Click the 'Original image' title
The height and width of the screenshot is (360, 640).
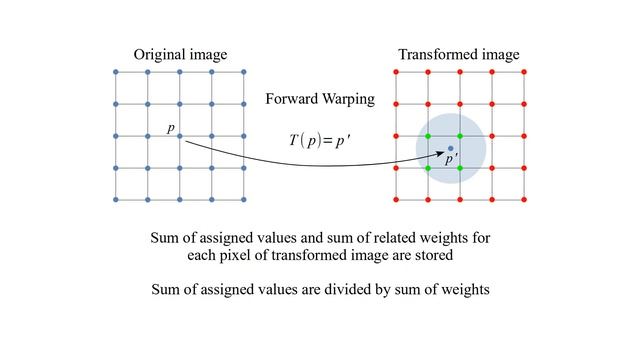coord(180,53)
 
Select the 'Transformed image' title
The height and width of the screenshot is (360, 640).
coord(458,53)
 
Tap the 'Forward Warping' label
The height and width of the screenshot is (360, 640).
coord(320,99)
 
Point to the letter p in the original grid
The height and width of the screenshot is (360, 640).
coord(170,129)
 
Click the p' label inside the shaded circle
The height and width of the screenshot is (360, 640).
coord(451,159)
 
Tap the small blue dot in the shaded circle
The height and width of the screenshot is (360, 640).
coord(450,148)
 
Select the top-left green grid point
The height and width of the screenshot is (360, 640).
coord(428,136)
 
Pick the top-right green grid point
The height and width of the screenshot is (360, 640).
coord(460,136)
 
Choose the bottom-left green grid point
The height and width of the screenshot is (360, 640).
coord(428,168)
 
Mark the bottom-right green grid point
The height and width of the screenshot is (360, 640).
coord(460,168)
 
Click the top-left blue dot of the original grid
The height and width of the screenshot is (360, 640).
coord(116,72)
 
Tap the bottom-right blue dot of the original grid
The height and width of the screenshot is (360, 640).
coord(244,200)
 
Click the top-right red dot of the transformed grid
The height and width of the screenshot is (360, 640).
coord(524,72)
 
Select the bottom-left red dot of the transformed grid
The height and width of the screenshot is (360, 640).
coord(396,200)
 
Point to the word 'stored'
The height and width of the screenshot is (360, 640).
coord(432,255)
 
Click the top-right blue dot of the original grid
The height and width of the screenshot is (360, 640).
coord(244,72)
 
